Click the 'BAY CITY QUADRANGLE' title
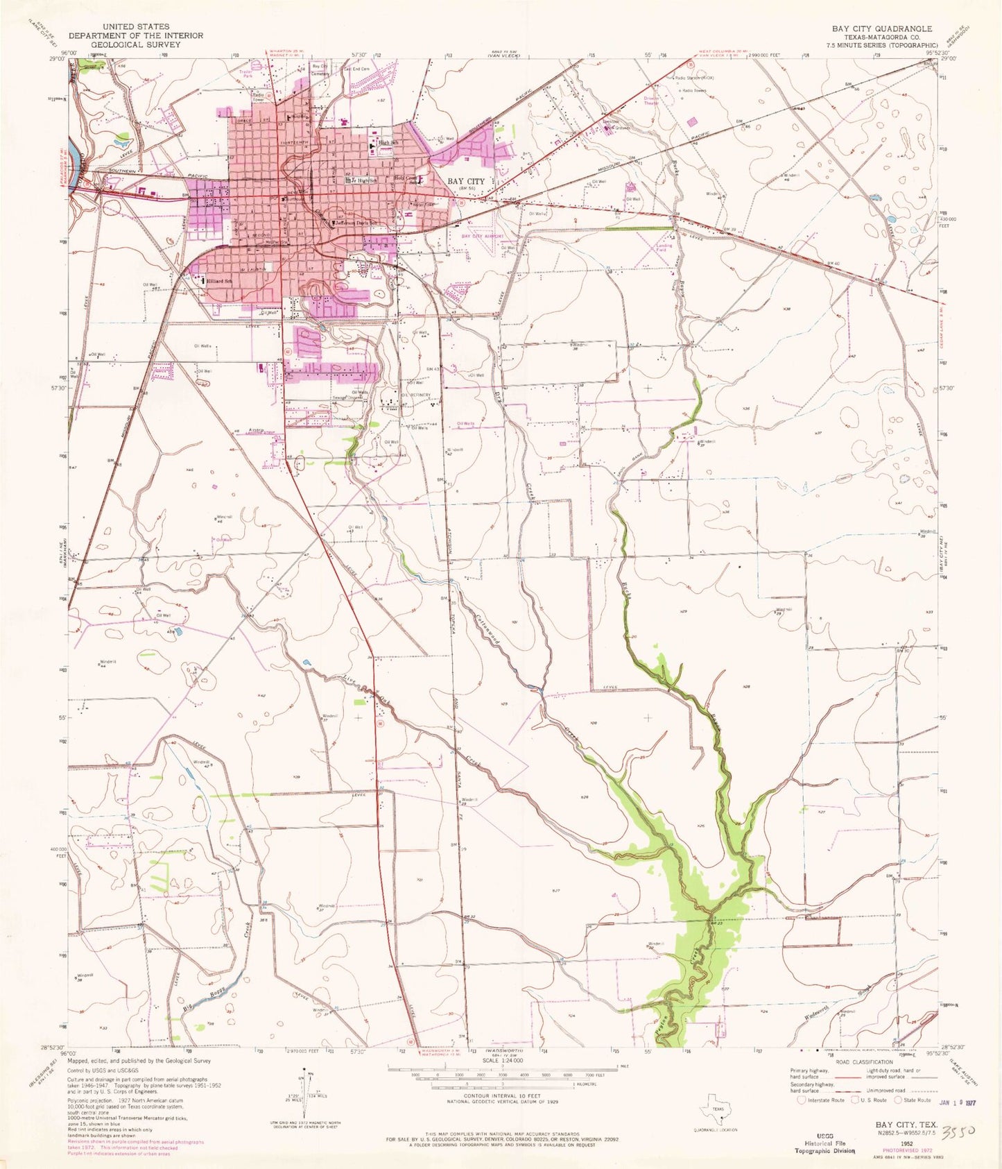882,28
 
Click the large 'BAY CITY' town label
466,181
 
